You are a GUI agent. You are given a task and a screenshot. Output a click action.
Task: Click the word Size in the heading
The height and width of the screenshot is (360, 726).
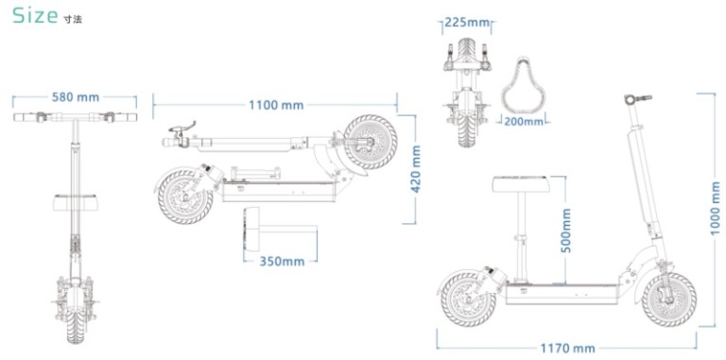[x=35, y=16]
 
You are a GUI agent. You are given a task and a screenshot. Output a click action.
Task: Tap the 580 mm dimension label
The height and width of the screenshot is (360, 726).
[x=76, y=97]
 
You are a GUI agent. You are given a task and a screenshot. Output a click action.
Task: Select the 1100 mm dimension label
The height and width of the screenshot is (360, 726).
[x=276, y=106]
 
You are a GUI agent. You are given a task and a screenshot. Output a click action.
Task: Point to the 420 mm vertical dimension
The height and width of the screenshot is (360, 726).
[x=416, y=169]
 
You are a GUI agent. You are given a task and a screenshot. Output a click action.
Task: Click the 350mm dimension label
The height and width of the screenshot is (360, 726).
[x=282, y=262]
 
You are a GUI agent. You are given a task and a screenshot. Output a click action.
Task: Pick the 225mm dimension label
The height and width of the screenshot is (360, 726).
[x=467, y=23]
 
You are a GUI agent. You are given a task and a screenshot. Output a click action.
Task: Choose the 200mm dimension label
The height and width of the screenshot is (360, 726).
[x=524, y=122]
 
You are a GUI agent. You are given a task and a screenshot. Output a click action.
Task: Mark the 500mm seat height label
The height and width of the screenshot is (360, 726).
[x=566, y=230]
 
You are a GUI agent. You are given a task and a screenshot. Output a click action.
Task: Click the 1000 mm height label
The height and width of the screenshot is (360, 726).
[x=716, y=208]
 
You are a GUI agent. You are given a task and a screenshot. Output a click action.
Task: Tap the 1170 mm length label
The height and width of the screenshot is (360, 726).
[x=567, y=348]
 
